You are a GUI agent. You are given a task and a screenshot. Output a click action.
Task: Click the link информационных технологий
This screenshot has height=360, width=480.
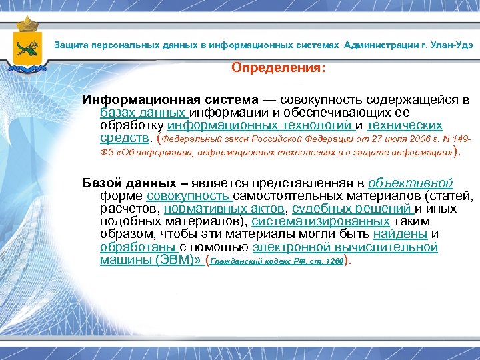click(259, 125)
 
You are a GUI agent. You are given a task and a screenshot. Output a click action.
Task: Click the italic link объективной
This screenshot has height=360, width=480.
click(410, 183)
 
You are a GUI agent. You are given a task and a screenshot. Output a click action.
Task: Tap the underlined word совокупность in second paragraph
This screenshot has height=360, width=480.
click(188, 196)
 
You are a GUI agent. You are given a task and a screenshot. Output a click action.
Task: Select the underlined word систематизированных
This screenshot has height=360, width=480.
click(321, 221)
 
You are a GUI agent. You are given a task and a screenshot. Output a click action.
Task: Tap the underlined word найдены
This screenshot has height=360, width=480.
click(400, 234)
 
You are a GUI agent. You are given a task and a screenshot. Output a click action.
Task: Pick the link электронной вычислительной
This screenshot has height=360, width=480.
click(345, 247)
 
